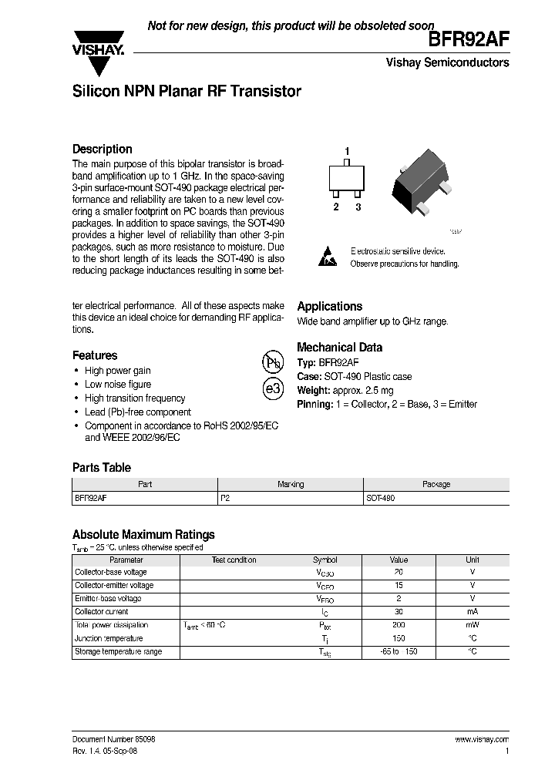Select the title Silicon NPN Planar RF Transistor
pyautogui.click(x=186, y=91)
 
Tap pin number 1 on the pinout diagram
pyautogui.click(x=347, y=151)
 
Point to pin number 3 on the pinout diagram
pyautogui.click(x=358, y=207)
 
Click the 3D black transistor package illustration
pyautogui.click(x=424, y=182)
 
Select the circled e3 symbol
pyautogui.click(x=273, y=389)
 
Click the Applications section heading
pyautogui.click(x=329, y=306)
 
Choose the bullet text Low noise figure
pyautogui.click(x=118, y=385)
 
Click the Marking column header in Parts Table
pyautogui.click(x=291, y=484)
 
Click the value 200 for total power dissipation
pyautogui.click(x=398, y=625)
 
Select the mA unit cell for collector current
pyautogui.click(x=472, y=612)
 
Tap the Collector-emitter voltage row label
pyautogui.click(x=113, y=586)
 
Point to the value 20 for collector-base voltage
pyautogui.click(x=398, y=573)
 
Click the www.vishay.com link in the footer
pyautogui.click(x=482, y=739)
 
